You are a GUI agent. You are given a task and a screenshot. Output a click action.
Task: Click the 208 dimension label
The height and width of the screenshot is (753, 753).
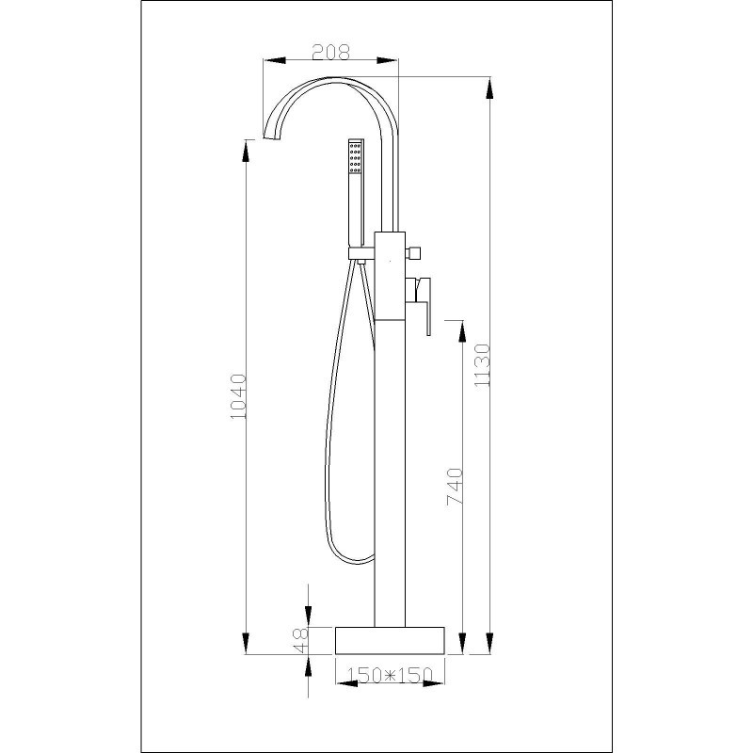[x=331, y=52]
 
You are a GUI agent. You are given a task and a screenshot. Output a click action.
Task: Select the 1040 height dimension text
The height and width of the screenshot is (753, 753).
[x=239, y=396]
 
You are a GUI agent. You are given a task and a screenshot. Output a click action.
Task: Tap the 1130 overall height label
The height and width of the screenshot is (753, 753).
[x=482, y=365]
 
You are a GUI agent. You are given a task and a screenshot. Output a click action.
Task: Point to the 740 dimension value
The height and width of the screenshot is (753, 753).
[x=456, y=487]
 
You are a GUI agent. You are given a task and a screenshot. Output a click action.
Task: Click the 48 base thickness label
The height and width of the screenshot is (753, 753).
[x=301, y=641]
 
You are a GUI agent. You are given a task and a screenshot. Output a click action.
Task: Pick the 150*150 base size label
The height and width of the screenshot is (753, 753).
[x=390, y=675]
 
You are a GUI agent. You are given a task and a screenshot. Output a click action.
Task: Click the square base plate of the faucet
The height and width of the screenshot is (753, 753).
[x=390, y=640]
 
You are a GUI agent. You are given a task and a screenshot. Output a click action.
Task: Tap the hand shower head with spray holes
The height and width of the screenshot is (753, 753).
[x=356, y=157]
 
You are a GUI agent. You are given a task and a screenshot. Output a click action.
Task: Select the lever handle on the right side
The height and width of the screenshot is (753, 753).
[x=423, y=305]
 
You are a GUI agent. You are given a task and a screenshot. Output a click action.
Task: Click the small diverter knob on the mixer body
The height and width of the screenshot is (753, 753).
[x=414, y=252]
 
